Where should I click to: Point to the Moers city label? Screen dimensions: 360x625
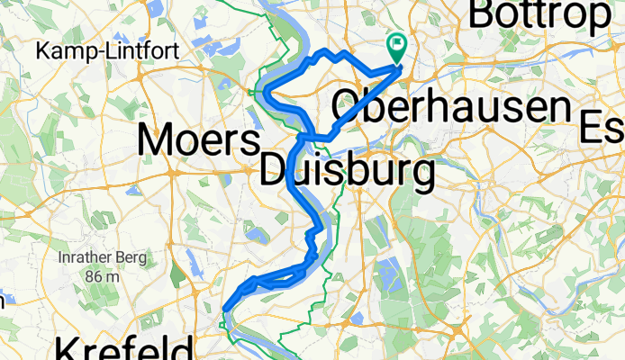(199, 140)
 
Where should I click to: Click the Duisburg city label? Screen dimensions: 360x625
(346, 170)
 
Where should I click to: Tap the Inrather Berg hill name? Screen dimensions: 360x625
(102, 258)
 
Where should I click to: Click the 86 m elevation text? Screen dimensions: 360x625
(102, 276)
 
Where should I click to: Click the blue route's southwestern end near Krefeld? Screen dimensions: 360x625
(222, 310)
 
